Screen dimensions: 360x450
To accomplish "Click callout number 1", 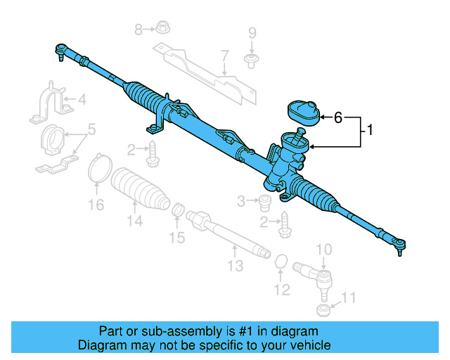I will click(370, 130).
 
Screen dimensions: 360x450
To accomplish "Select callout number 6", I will click(338, 117).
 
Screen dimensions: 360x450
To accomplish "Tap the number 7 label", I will click(224, 56).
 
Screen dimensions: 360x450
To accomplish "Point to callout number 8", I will click(139, 29).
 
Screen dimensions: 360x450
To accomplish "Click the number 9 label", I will click(252, 32).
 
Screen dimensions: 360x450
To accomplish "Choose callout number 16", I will click(96, 205).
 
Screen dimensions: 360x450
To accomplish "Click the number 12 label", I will click(281, 288).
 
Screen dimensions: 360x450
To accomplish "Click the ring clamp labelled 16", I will click(100, 169).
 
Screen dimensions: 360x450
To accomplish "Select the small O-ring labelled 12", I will click(281, 262).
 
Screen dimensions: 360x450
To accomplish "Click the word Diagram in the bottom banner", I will click(101, 345).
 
